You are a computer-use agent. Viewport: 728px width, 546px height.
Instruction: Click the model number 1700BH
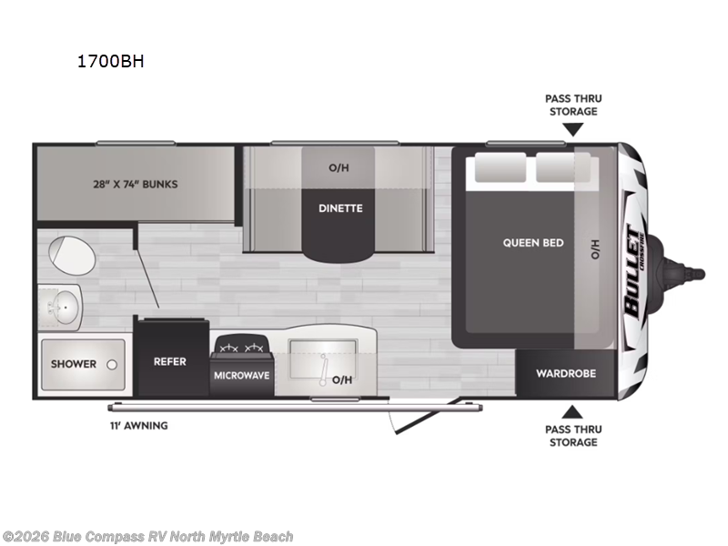111,63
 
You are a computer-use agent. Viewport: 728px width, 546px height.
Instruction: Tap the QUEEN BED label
533,243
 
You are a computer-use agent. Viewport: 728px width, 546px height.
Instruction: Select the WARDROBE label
565,373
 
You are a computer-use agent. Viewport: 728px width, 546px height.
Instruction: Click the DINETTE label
340,208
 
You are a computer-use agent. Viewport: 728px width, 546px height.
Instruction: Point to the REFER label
169,362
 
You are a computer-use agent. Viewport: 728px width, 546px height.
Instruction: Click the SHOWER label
74,364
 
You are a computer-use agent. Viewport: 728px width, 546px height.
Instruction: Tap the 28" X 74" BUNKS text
136,184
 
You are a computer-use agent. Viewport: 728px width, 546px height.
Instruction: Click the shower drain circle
111,364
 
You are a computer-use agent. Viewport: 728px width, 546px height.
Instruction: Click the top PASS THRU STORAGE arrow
572,130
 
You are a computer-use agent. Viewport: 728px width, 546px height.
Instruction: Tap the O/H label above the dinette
339,168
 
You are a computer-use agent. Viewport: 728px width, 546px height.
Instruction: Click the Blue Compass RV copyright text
147,537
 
